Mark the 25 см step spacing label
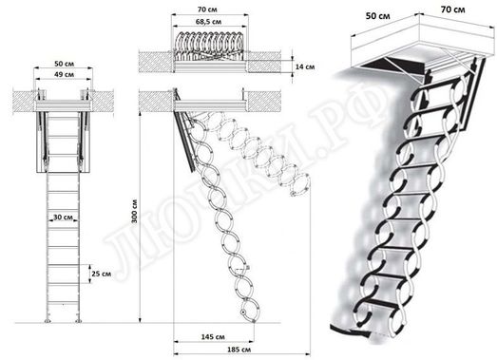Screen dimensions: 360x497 [96, 274]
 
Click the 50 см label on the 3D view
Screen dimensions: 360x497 [380, 16]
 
